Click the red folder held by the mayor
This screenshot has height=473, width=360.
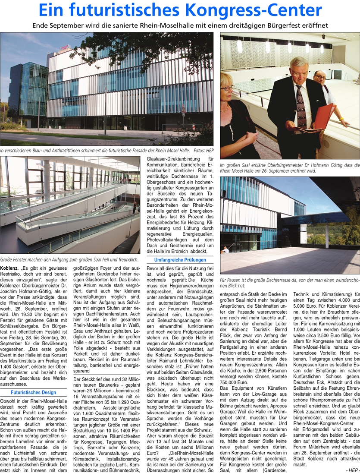325,115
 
